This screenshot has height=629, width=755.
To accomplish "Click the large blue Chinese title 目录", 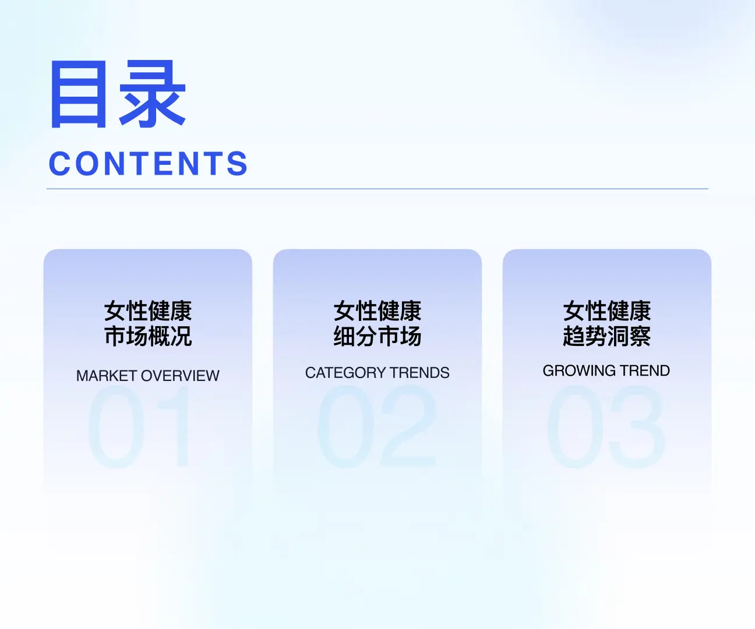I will click(x=118, y=94).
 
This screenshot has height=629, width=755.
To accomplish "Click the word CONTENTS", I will click(x=149, y=164).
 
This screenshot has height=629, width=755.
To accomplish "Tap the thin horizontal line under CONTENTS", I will click(x=377, y=189).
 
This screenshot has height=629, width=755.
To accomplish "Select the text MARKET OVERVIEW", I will click(x=148, y=376).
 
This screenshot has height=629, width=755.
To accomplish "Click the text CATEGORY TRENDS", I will click(x=377, y=373).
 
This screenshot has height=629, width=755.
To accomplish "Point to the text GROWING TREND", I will click(x=606, y=370).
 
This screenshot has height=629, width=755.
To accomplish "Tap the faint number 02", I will click(x=377, y=427).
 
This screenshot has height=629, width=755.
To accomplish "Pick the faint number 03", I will click(x=606, y=427).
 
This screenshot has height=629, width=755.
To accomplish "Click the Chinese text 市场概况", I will click(x=148, y=337).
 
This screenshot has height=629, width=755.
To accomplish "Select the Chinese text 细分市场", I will click(x=377, y=337).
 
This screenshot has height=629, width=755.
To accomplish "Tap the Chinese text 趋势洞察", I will click(x=606, y=337).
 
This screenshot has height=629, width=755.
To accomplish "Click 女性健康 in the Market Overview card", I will click(x=148, y=311).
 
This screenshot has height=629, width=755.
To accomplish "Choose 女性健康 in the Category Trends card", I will click(x=377, y=311).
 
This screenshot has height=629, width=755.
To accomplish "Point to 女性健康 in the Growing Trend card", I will click(x=606, y=311).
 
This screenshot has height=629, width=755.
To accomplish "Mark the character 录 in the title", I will click(x=153, y=94).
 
